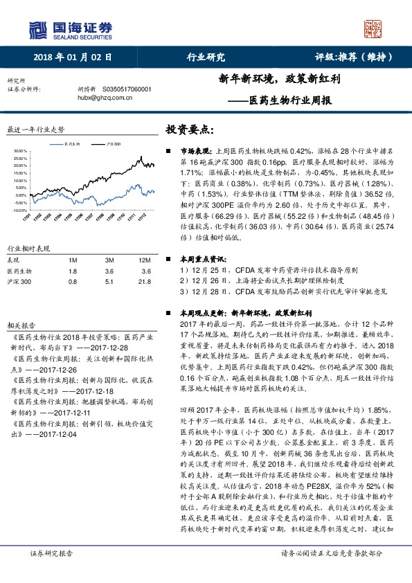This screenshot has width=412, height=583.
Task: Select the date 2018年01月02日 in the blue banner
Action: pyautogui.click(x=72, y=57)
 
